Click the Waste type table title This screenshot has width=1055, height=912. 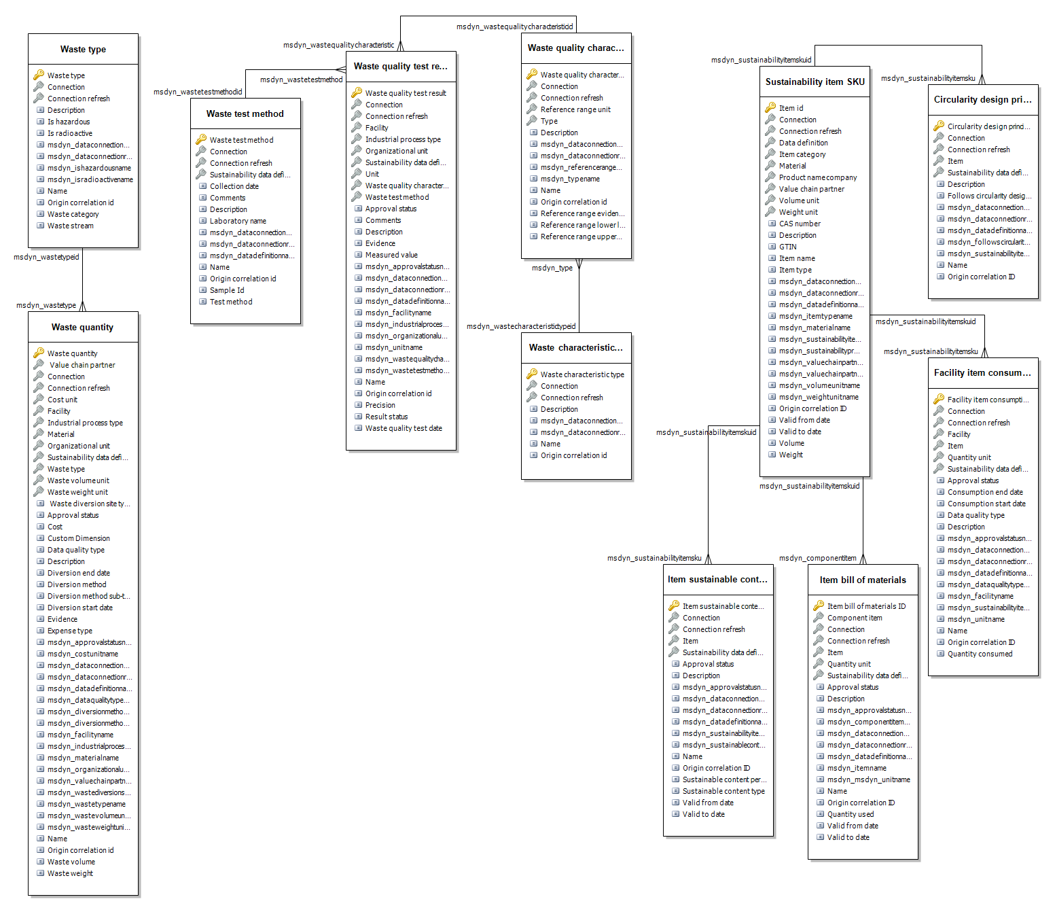[83, 50]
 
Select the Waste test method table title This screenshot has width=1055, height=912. [245, 114]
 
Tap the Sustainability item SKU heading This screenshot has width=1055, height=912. [815, 82]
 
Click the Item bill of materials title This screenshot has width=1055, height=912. [863, 580]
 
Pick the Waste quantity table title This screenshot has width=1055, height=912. [83, 328]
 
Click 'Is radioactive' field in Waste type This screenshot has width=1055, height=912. [70, 134]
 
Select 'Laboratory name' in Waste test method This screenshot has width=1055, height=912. [238, 222]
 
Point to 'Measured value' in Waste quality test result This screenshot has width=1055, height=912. [391, 256]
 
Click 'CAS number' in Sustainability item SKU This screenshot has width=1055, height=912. [800, 224]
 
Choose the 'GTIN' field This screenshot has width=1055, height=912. [788, 247]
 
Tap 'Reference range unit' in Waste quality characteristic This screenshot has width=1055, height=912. [575, 110]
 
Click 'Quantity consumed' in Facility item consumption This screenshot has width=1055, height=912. [980, 654]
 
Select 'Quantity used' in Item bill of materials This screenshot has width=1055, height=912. [851, 815]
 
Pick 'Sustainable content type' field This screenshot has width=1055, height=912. [723, 792]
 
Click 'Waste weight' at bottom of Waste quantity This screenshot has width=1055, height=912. [70, 874]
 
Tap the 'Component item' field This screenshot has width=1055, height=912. [855, 618]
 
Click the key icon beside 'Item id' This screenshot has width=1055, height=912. [770, 108]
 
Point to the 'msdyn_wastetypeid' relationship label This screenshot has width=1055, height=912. [46, 258]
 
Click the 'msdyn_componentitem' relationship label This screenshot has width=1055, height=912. [817, 559]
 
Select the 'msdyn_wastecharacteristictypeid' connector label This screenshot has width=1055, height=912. [521, 327]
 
